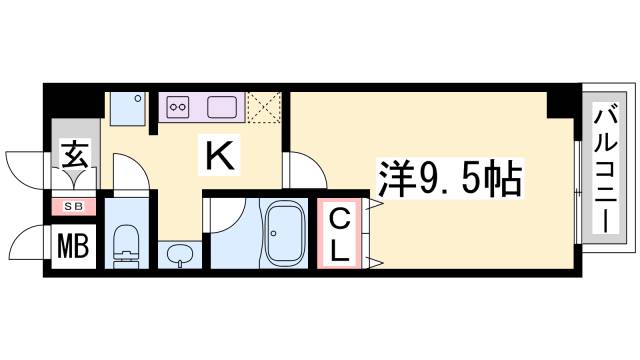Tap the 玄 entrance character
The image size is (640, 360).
76,156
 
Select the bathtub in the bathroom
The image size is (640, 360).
287,233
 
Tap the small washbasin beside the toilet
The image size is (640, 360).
180,256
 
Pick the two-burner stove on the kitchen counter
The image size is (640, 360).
178,105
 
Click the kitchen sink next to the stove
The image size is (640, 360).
221,105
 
